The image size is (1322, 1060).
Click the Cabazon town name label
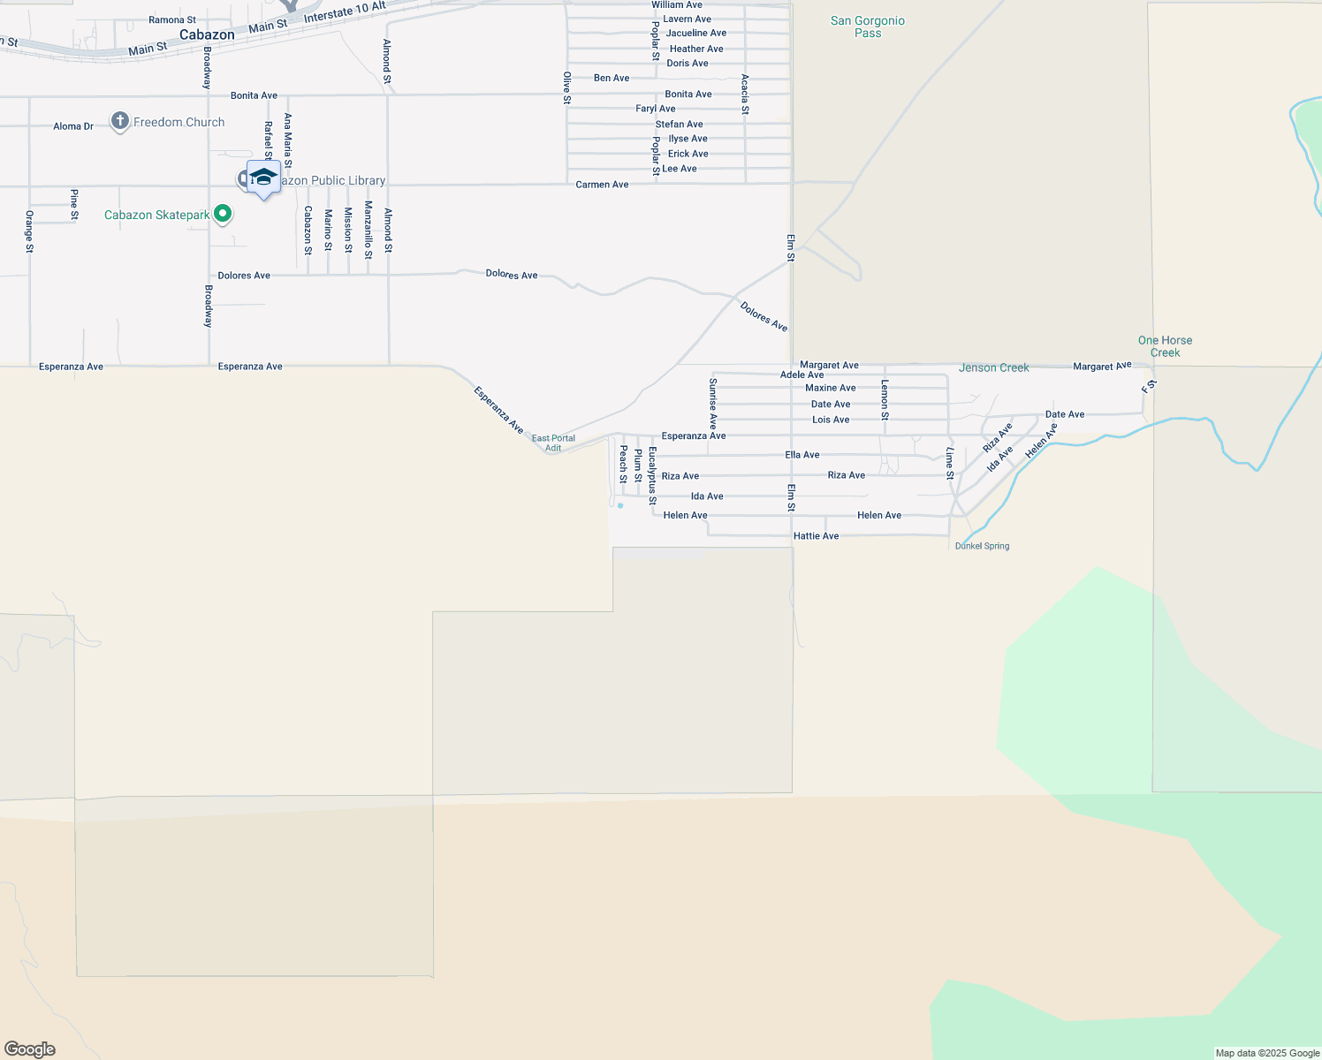tap(207, 35)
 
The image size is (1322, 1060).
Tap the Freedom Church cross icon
tap(120, 121)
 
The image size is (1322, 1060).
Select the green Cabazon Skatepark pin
tap(224, 213)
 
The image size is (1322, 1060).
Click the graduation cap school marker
tap(263, 178)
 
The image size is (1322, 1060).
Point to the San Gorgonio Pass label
tap(868, 26)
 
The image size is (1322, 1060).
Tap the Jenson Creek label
tap(993, 367)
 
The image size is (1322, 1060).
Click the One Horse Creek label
tap(1165, 346)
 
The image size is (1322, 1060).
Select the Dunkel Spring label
tap(982, 546)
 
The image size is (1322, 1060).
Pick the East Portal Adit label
tap(553, 443)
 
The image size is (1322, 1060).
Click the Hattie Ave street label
tap(816, 536)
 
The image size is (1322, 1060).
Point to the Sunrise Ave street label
tap(713, 403)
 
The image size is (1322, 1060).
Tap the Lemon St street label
tap(885, 399)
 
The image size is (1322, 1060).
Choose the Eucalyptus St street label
tap(652, 475)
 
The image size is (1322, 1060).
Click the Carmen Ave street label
tap(602, 185)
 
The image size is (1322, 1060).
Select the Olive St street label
tap(567, 88)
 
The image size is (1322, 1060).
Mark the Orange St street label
tap(29, 231)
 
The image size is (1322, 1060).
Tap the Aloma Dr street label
tap(73, 126)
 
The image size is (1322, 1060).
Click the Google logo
tap(29, 1049)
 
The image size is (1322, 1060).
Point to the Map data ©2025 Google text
tap(1267, 1053)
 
